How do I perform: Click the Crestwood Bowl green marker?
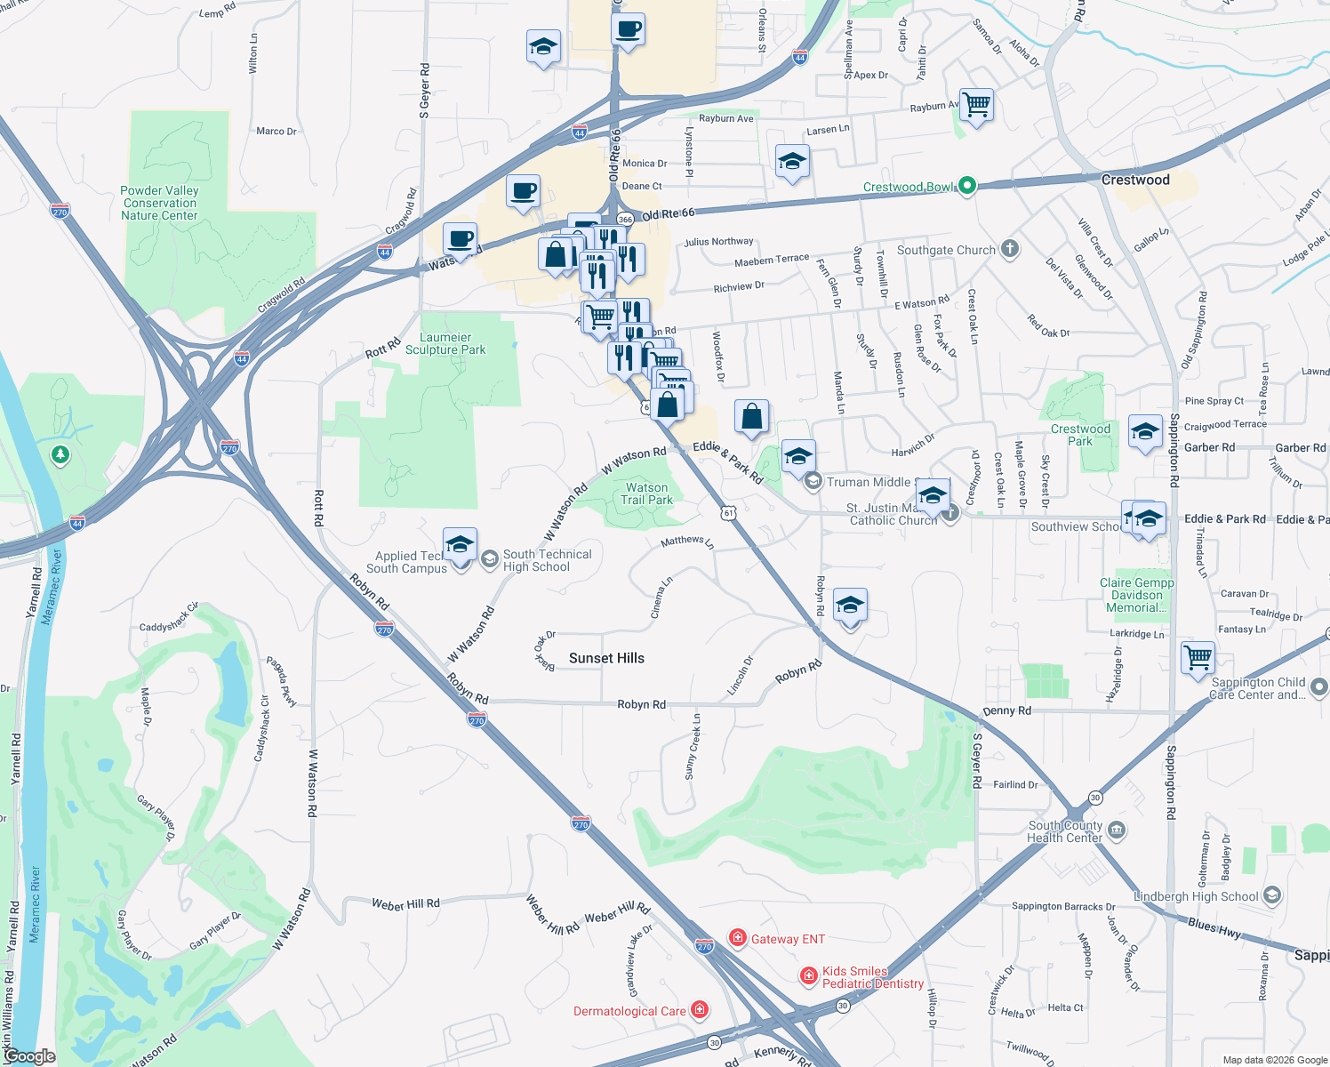pos(968,186)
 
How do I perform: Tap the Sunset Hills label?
pos(606,658)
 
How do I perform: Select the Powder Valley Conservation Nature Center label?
pos(159,203)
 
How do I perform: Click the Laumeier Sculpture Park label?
pos(445,343)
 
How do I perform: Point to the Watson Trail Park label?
pos(646,493)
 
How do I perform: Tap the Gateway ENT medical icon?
pos(737,938)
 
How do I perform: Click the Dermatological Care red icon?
pos(700,1010)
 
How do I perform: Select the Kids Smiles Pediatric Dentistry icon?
pos(808,976)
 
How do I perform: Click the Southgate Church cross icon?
pos(1009,249)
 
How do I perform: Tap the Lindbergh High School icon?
pos(1272,895)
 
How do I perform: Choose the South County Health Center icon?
pos(1117,830)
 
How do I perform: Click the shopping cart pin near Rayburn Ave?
pos(976,105)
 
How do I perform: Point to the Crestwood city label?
pos(1135,180)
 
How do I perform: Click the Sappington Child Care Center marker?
pos(1319,686)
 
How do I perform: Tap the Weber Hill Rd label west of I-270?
pos(405,904)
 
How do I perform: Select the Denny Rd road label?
pos(1006,710)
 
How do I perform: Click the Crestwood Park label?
pos(1080,435)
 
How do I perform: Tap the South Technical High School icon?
pos(489,558)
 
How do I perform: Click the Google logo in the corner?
pos(29,1056)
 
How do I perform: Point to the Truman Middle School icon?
pos(813,482)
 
